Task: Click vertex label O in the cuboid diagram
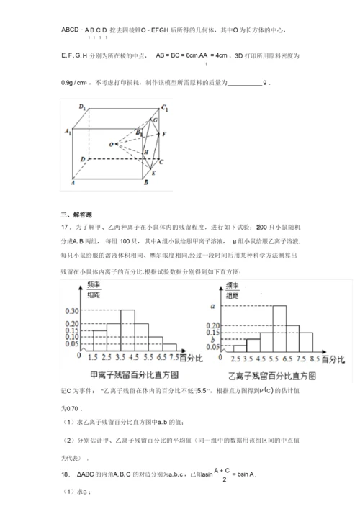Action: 111,143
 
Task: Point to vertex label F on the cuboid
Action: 165,135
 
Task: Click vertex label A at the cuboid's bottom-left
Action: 72,184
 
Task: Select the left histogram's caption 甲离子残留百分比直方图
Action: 128,374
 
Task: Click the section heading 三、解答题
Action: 72,214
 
